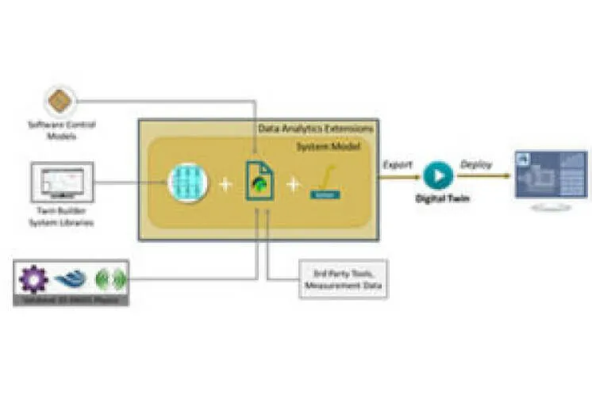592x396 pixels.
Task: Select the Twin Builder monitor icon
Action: [63, 180]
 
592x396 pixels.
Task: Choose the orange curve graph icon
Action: [325, 182]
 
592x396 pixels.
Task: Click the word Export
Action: [398, 164]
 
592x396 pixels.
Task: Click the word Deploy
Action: [476, 164]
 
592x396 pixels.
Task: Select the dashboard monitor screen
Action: [550, 175]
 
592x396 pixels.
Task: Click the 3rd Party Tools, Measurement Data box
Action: [343, 279]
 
